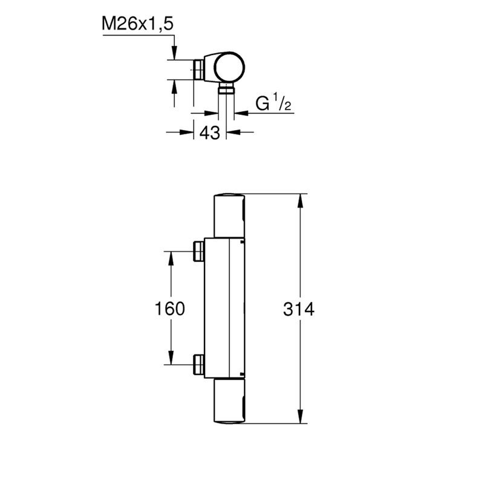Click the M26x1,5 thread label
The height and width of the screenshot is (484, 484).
(138, 24)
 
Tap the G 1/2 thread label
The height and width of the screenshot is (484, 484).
(273, 103)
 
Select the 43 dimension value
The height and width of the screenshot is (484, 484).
(210, 133)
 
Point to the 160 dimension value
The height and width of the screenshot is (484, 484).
(170, 309)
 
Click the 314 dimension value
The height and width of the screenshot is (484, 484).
(299, 309)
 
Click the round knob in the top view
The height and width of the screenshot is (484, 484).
(230, 68)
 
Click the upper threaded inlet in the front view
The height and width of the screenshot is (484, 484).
(199, 251)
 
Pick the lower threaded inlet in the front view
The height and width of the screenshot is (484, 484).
(199, 365)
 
